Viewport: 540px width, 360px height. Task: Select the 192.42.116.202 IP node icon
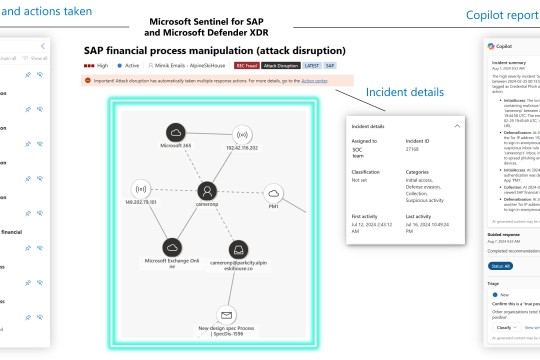click(241, 134)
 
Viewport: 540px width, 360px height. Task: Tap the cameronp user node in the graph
click(207, 189)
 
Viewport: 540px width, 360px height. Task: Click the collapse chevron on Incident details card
click(457, 126)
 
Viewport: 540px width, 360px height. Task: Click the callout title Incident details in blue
click(404, 92)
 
